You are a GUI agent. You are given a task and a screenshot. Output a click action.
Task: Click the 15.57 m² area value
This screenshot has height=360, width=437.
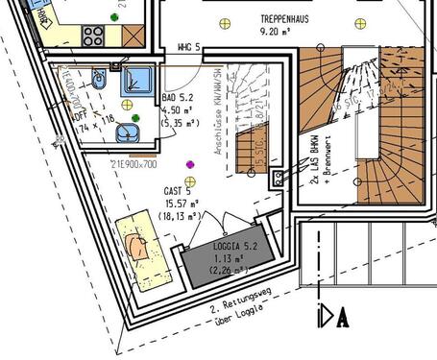pyautogui.click(x=181, y=204)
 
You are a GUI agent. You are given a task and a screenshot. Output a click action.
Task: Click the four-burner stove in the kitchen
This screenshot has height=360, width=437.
pyautogui.click(x=93, y=36)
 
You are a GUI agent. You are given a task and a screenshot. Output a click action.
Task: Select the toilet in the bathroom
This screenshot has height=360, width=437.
pyautogui.click(x=100, y=77)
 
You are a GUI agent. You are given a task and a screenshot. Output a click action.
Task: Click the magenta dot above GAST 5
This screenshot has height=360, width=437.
pyautogui.click(x=190, y=164)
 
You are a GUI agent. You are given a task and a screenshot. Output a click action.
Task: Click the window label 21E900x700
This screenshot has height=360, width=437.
pyautogui.click(x=134, y=165)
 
